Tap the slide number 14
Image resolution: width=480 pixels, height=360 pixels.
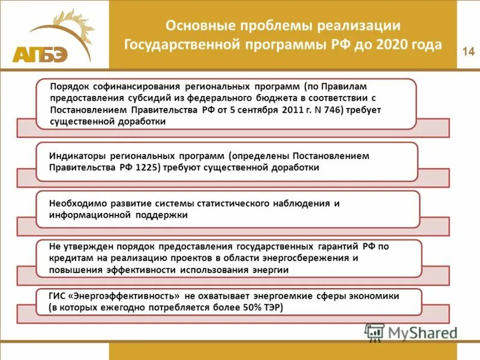[x=468, y=52]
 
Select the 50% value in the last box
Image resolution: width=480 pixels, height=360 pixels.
[x=240, y=307]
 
